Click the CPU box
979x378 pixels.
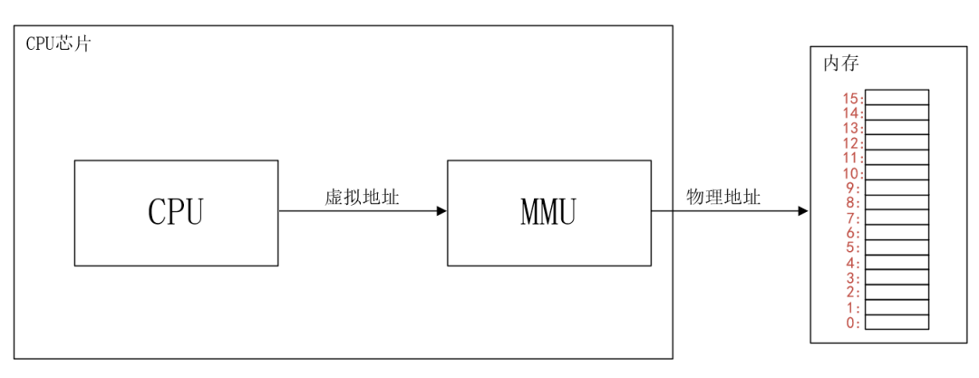click(x=176, y=213)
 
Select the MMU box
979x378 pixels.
click(x=548, y=213)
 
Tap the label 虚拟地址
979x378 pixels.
click(x=362, y=197)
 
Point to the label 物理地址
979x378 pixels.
click(x=722, y=197)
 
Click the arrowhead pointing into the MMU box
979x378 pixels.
click(x=441, y=212)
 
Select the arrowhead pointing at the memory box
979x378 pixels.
click(x=802, y=212)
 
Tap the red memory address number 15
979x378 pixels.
click(x=850, y=98)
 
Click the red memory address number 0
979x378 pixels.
click(x=853, y=322)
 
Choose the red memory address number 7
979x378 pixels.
click(x=853, y=218)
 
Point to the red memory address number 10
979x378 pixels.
click(x=850, y=172)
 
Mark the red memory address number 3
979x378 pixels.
click(x=853, y=277)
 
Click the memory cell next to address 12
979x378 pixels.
click(x=897, y=142)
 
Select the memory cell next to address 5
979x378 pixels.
click(x=897, y=247)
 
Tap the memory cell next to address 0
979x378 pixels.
click(x=897, y=322)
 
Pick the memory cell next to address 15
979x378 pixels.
click(x=897, y=97)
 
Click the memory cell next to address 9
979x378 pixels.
click(x=897, y=188)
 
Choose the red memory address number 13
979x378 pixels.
click(x=850, y=128)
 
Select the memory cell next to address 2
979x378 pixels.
click(x=897, y=292)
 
